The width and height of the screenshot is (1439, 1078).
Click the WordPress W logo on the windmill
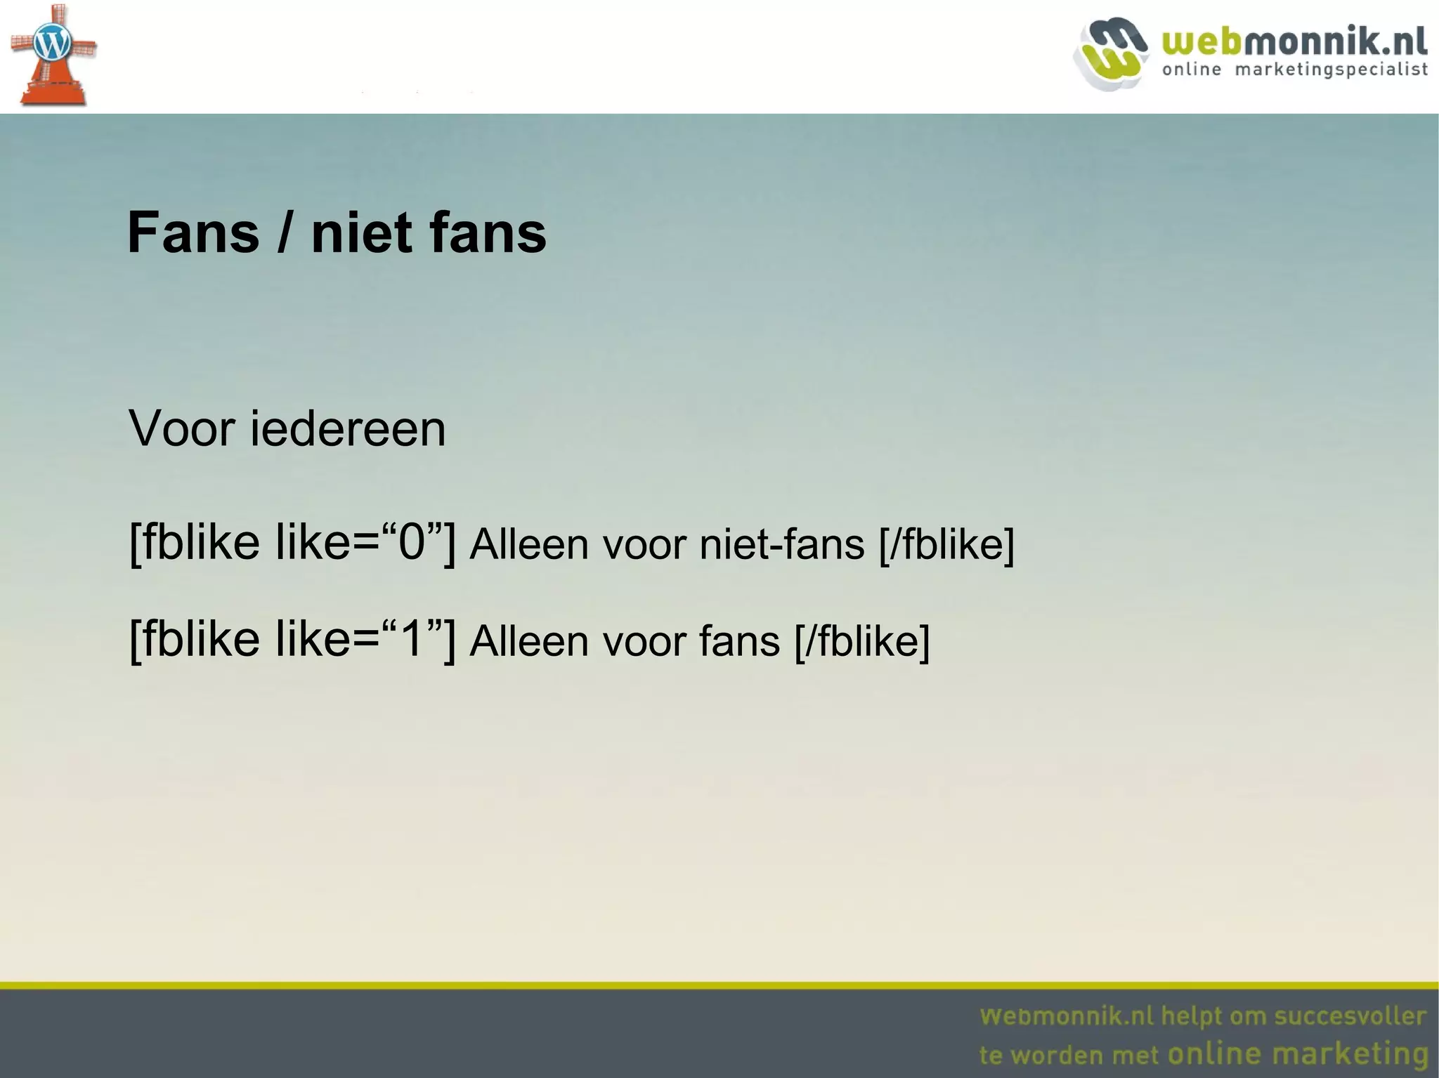click(x=53, y=44)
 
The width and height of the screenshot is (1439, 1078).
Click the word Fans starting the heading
click(x=193, y=233)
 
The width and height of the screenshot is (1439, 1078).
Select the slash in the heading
click(x=285, y=233)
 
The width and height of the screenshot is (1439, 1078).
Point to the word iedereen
click(x=348, y=428)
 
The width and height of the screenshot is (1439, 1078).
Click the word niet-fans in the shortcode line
click(x=781, y=544)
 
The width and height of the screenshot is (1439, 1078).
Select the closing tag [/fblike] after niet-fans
click(x=946, y=544)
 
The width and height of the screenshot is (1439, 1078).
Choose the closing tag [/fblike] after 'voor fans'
click(x=862, y=641)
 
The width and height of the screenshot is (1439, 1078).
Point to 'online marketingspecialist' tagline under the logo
click(x=1295, y=70)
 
